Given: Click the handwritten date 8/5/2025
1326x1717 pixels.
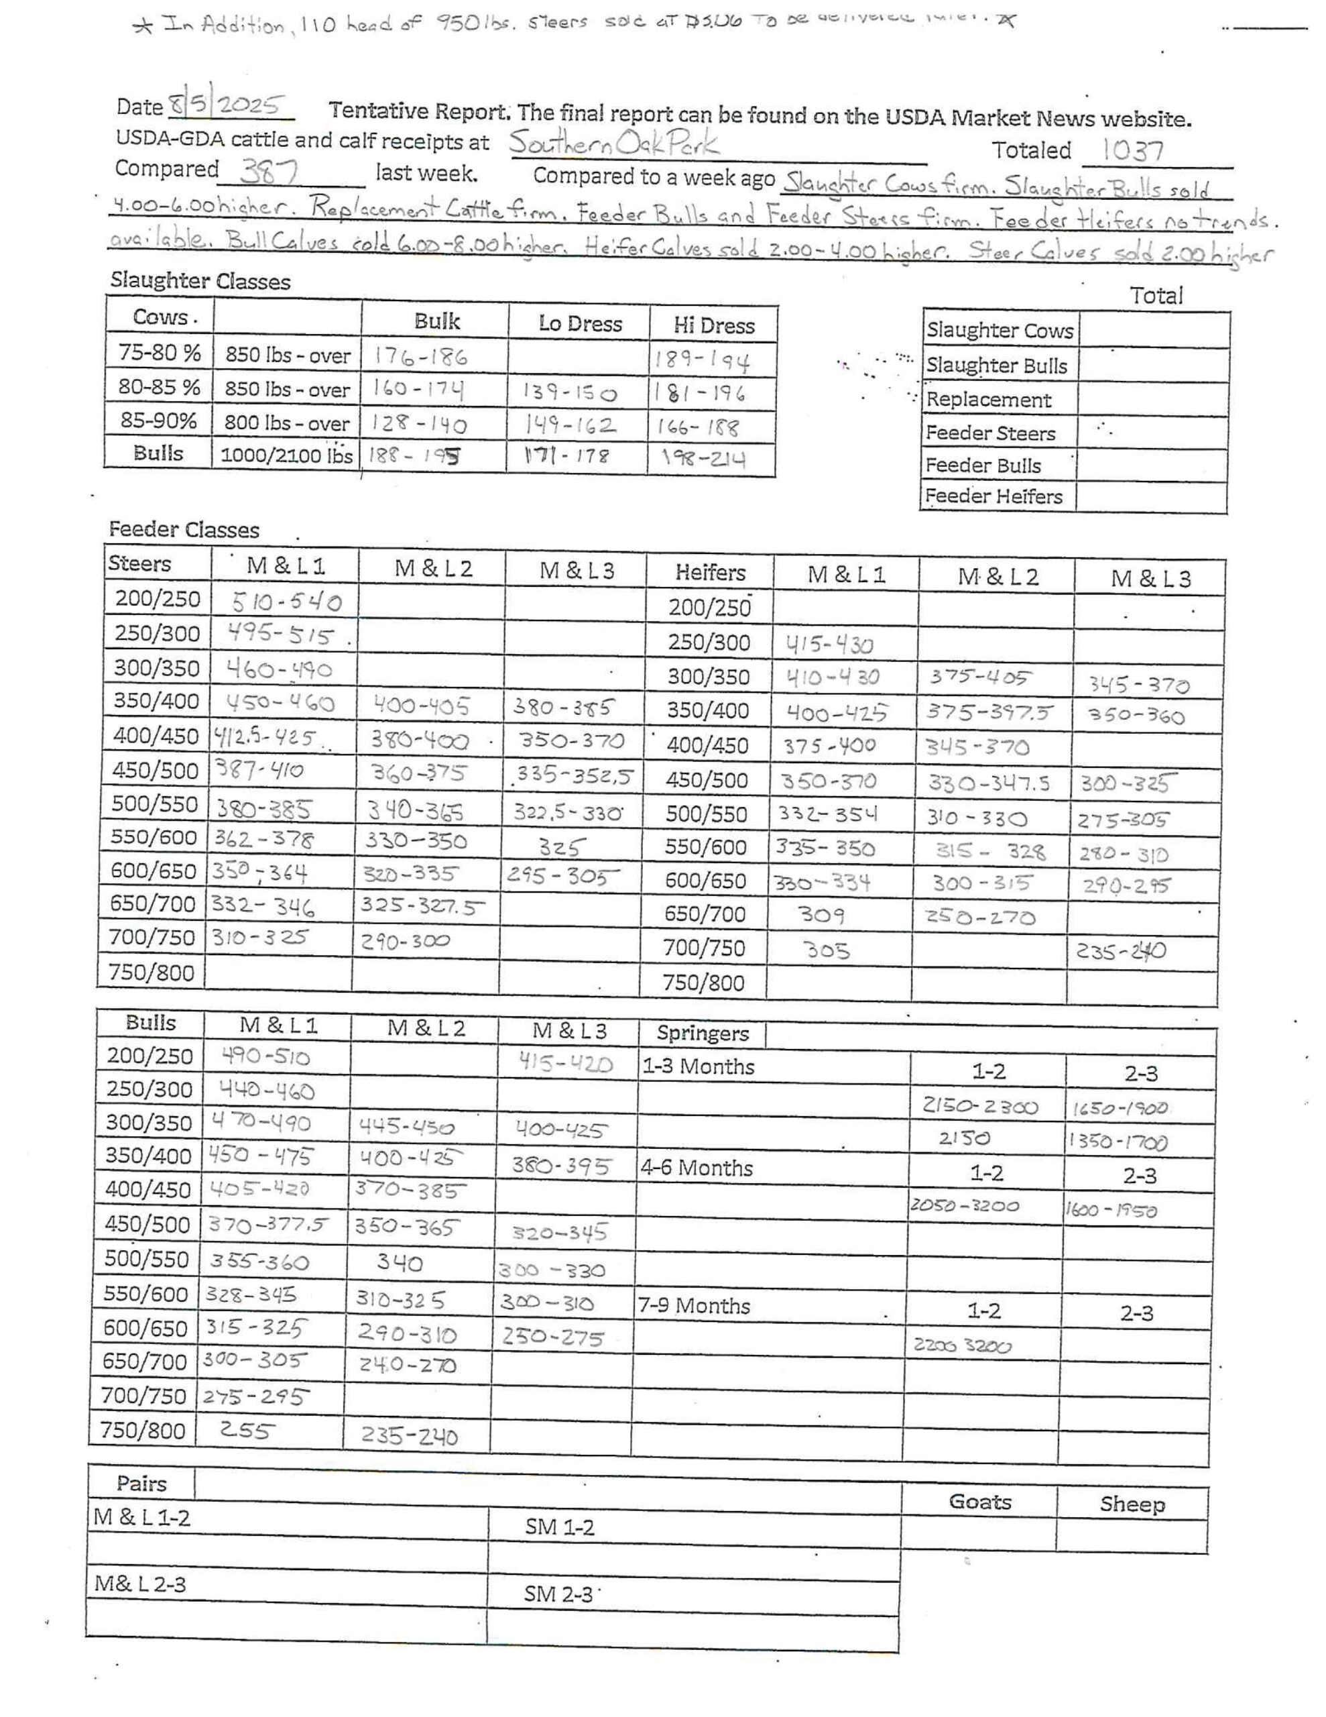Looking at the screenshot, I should pyautogui.click(x=227, y=105).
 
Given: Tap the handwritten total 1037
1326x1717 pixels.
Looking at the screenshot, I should pyautogui.click(x=1133, y=150).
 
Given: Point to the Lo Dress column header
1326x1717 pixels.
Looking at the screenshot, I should pyautogui.click(x=580, y=323).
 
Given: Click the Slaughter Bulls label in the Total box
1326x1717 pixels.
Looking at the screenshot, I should pyautogui.click(x=996, y=366).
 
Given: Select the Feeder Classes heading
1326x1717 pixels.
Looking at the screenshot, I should pyautogui.click(x=184, y=530).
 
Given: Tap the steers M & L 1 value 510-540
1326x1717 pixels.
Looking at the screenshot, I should pyautogui.click(x=287, y=602).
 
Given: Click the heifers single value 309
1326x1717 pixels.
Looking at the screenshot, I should pyautogui.click(x=821, y=914).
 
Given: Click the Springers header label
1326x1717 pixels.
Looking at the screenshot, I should pyautogui.click(x=702, y=1033).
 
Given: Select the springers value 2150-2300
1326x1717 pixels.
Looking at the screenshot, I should pyautogui.click(x=979, y=1107).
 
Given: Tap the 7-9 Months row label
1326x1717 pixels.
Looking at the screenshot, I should pyautogui.click(x=694, y=1306).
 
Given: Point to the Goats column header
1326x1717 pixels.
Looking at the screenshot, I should pyautogui.click(x=979, y=1502).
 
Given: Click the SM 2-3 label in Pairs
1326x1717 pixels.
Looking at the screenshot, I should pyautogui.click(x=559, y=1594).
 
